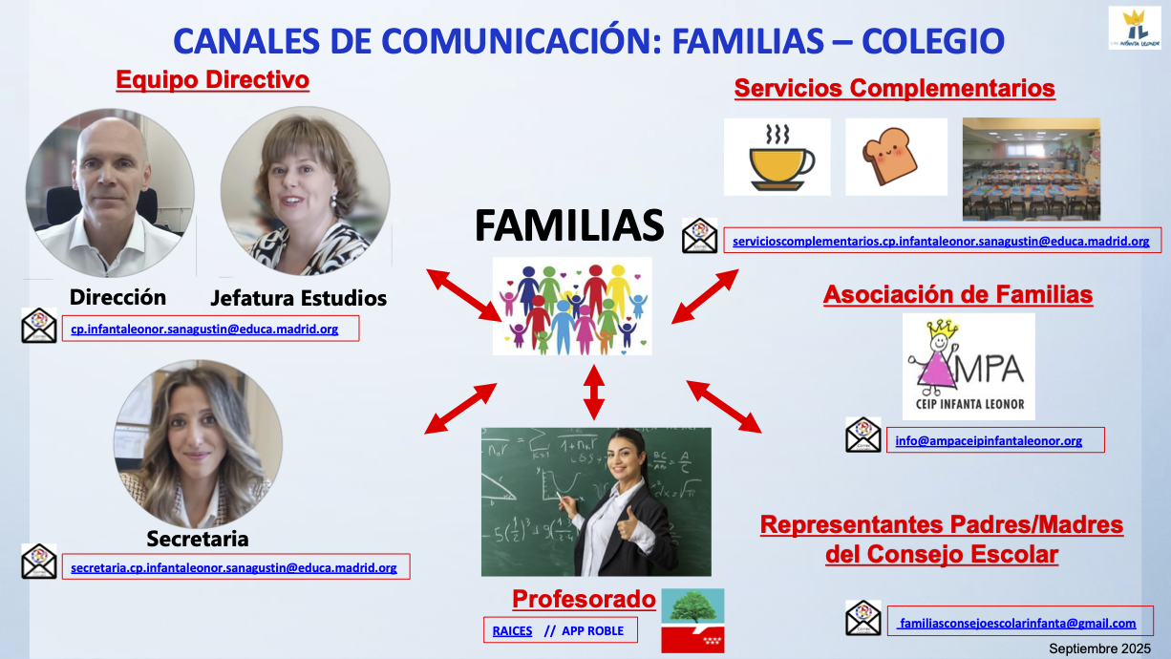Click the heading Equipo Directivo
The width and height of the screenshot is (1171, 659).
[212, 80]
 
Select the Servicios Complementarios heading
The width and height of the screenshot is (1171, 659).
[894, 88]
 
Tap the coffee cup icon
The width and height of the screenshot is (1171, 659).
[777, 157]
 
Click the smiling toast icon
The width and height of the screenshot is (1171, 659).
[896, 157]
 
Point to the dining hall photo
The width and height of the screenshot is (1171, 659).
[1032, 169]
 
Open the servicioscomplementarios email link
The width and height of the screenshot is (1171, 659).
[941, 242]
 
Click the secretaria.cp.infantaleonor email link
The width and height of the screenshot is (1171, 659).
[234, 567]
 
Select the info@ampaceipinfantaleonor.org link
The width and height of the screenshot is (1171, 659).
[989, 440]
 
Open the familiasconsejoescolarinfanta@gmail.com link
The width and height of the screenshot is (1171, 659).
[1017, 623]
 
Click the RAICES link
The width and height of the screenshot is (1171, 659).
[512, 630]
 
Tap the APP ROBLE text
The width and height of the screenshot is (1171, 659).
[592, 630]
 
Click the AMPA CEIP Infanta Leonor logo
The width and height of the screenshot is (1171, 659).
[969, 367]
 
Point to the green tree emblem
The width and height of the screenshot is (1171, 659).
[692, 606]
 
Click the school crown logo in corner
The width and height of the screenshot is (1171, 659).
[1135, 29]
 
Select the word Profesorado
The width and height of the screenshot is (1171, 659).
[584, 599]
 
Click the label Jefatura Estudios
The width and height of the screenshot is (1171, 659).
[299, 298]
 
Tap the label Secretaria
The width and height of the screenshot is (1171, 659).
[198, 539]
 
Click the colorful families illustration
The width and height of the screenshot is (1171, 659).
[572, 307]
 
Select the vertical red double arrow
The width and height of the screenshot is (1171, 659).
[594, 393]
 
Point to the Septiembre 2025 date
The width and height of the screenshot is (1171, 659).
[1100, 648]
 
